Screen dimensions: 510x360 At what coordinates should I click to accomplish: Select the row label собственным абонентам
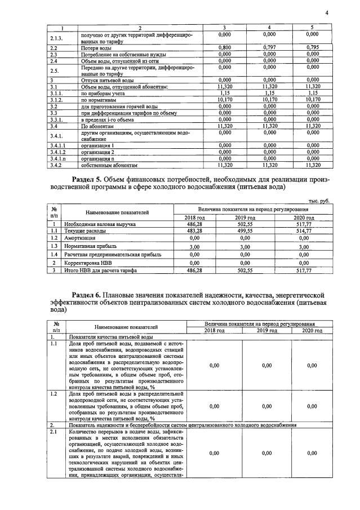point(109,166)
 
